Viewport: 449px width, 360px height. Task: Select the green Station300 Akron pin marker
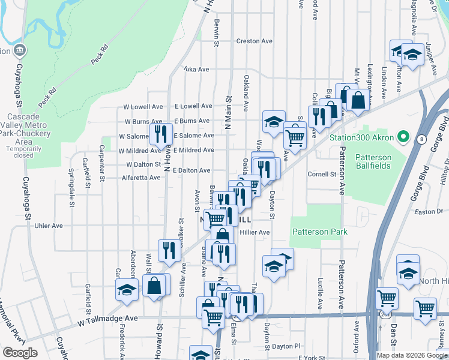point(403,137)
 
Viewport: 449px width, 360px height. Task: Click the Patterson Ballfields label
point(373,162)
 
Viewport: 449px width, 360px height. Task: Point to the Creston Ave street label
point(254,41)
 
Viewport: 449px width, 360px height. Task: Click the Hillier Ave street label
point(255,232)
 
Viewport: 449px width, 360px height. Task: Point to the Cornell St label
point(322,175)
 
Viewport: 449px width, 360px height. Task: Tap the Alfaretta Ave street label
point(141,178)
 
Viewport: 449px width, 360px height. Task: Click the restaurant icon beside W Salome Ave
point(160,134)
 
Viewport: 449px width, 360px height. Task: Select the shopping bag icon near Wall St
point(154,287)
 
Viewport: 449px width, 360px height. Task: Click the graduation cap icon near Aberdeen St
point(127,291)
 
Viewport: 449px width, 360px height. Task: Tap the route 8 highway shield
point(422,139)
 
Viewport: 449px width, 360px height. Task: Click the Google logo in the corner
point(20,352)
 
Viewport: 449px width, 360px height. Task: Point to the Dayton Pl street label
point(285,346)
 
